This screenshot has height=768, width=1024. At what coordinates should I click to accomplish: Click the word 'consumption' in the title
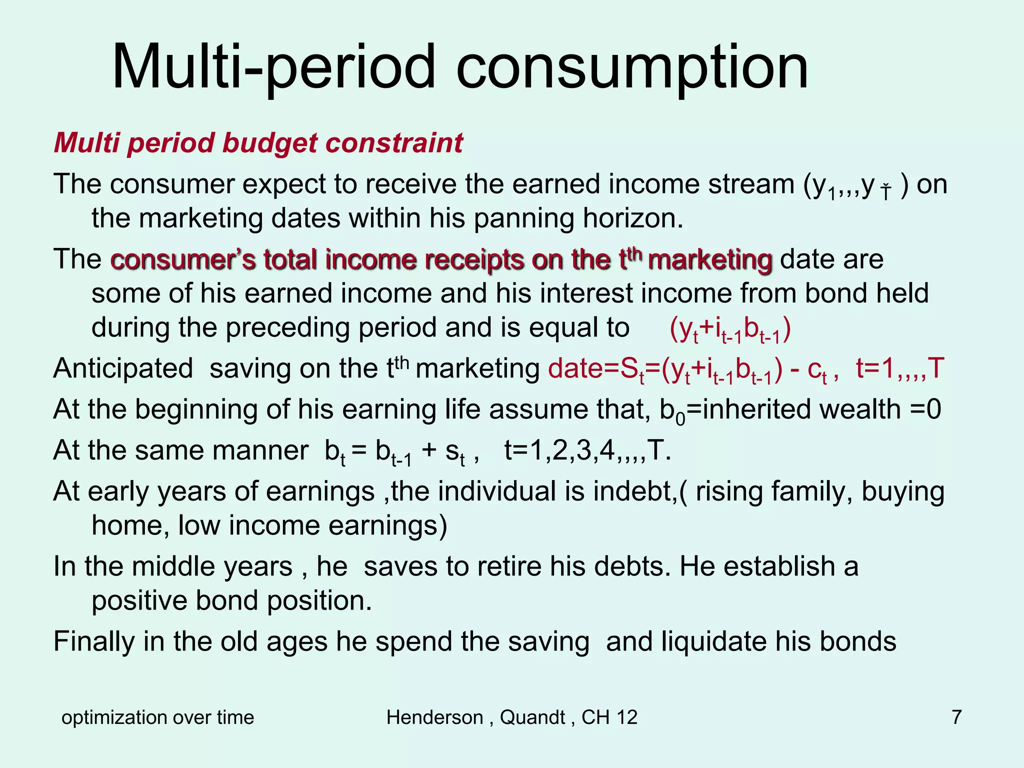click(632, 67)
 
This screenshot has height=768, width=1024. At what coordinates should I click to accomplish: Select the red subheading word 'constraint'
click(394, 143)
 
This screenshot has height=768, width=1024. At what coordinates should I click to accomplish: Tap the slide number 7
click(956, 717)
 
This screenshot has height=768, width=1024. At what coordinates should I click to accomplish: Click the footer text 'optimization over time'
click(157, 717)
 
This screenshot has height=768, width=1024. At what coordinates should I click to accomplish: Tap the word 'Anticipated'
click(123, 368)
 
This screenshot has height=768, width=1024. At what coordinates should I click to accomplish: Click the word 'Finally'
click(94, 641)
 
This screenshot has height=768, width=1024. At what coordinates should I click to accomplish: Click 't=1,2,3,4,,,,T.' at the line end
click(587, 450)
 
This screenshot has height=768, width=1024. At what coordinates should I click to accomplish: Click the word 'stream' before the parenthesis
click(751, 184)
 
